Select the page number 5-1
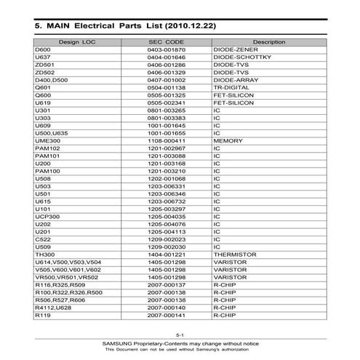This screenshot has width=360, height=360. tap(180, 333)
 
